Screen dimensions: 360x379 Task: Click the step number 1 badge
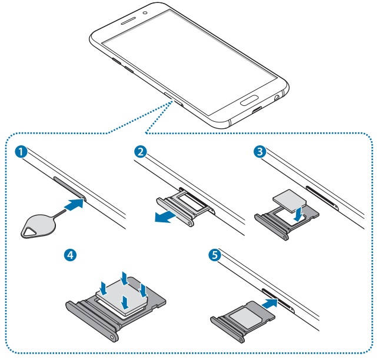[x=22, y=152]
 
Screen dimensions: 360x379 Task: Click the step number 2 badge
[x=140, y=152]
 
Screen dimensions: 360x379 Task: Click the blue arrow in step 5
[x=270, y=304]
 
